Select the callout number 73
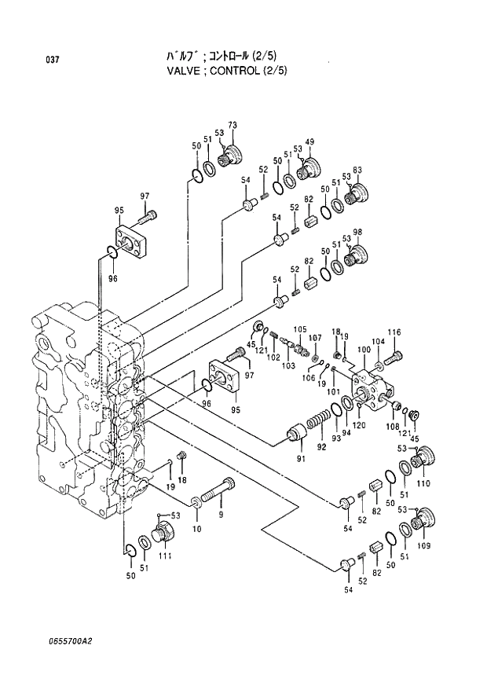pyautogui.click(x=232, y=126)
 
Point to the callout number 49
pyautogui.click(x=309, y=141)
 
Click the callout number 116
pyautogui.click(x=394, y=332)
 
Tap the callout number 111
pyautogui.click(x=165, y=556)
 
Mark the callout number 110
pyautogui.click(x=423, y=483)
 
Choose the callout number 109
pyautogui.click(x=423, y=545)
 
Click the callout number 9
pyautogui.click(x=221, y=515)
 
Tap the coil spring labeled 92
pyautogui.click(x=320, y=421)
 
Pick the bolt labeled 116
pyautogui.click(x=394, y=357)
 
